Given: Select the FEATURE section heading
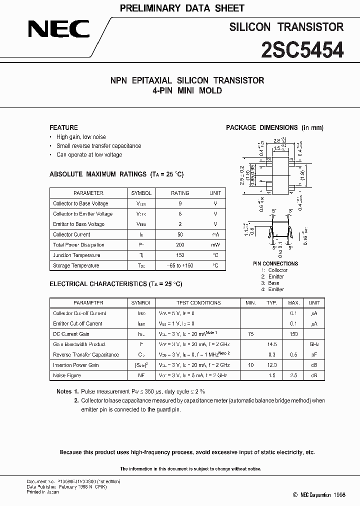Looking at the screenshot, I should pos(63,127).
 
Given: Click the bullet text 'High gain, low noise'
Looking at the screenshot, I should pos(81,137).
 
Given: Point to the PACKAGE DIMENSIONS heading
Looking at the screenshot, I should pos(274,127).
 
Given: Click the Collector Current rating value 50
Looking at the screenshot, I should pos(180,234).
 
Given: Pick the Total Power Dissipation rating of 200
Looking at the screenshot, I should pos(180,245).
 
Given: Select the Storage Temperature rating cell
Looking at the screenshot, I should pos(180,266).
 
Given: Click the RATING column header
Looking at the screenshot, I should pos(180,193).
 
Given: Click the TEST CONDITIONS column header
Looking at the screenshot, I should pos(198,303).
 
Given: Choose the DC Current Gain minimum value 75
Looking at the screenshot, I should pos(250,334).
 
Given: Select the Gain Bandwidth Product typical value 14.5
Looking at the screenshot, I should pos(272,344).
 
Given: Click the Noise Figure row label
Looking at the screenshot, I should pos(67,375).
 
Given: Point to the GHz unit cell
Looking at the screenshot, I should pos(314,344).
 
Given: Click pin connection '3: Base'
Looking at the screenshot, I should pos(270,283).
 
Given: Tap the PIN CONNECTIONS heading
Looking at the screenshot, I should pos(275,263).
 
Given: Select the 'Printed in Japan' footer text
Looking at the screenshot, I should pos(42,492).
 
